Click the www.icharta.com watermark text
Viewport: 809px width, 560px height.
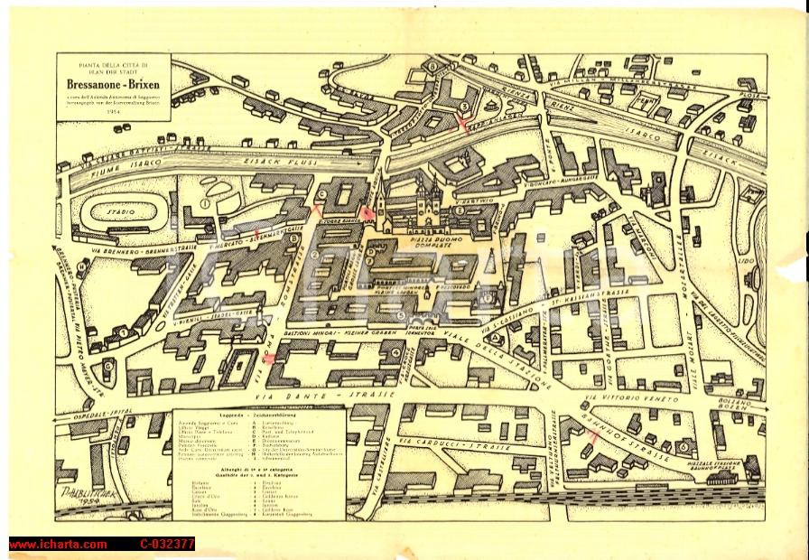pos(58,544)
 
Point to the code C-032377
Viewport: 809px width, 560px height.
pos(167,544)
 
